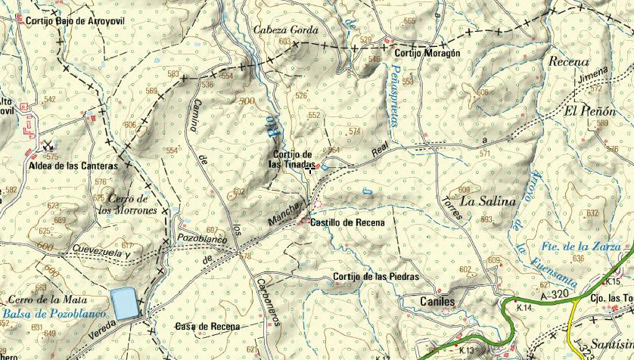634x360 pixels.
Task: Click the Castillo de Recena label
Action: [347, 223]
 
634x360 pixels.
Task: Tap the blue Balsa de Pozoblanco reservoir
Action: [124, 303]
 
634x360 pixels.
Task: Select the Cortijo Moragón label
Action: [427, 54]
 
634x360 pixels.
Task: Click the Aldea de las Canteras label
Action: [73, 166]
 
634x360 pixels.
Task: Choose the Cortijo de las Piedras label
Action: [375, 277]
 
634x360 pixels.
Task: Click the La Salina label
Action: [487, 201]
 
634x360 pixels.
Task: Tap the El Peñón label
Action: [589, 110]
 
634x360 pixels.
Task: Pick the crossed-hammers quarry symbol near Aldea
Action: [48, 147]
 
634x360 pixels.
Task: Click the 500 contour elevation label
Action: [245, 101]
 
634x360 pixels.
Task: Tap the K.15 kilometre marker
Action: [611, 281]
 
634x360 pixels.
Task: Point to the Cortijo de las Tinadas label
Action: [291, 159]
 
